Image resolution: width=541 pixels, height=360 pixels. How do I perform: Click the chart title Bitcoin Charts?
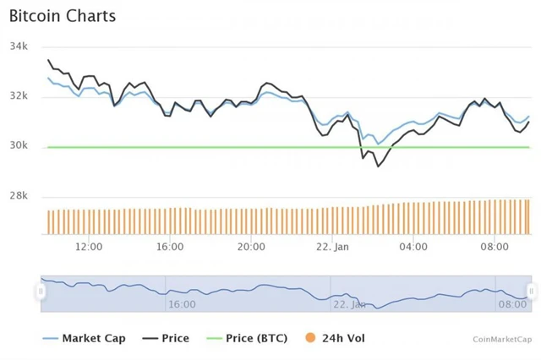[63, 16]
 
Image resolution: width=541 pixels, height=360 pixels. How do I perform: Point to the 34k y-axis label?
[19, 46]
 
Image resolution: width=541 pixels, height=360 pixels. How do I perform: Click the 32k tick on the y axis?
[19, 96]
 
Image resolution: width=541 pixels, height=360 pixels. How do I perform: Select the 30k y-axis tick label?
[19, 146]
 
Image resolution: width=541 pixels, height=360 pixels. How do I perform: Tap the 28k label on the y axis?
[19, 196]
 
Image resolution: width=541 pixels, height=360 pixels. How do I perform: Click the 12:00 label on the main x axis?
[89, 247]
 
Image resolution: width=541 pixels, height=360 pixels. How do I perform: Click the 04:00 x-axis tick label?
[413, 247]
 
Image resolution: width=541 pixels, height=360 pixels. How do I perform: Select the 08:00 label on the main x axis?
[494, 247]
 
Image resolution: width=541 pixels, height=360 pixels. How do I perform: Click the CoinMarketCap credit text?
[503, 339]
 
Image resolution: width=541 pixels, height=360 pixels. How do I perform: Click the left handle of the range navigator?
[41, 292]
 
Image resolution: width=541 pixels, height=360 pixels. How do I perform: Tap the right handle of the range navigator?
[531, 292]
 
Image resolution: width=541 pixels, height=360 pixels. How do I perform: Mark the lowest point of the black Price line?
[378, 166]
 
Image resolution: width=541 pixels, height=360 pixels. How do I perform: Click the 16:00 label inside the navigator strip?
[182, 303]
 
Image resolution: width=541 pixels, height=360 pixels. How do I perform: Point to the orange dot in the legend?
[310, 338]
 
